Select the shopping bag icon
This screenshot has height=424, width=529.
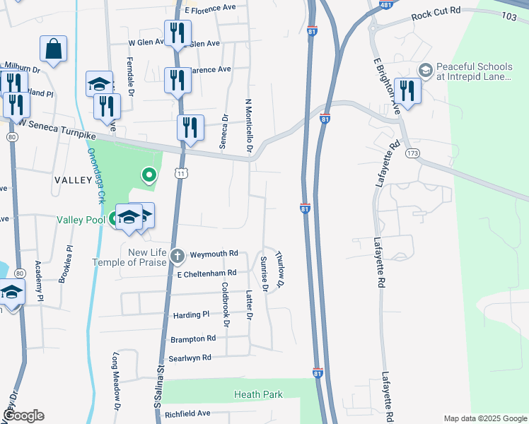(53, 49)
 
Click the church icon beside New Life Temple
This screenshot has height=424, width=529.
(178, 255)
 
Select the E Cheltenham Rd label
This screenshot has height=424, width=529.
(206, 273)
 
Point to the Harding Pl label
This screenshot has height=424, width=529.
(191, 314)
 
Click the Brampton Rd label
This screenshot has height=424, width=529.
(192, 339)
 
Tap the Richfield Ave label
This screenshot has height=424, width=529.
(187, 413)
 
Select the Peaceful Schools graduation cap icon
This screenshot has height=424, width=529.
(425, 70)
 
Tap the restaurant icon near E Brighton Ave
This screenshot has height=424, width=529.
(407, 90)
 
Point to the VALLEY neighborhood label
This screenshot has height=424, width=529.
(74, 181)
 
